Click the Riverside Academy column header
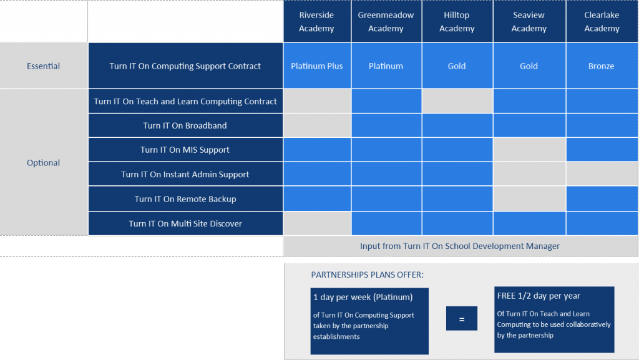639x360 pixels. (317, 21)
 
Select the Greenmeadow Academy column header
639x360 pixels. (386, 21)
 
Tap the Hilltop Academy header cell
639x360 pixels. (457, 21)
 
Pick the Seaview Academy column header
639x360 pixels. (529, 21)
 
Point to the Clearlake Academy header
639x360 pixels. (602, 21)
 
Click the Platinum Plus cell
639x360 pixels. (317, 66)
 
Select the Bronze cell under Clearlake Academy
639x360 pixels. (602, 66)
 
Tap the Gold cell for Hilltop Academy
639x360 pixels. (457, 66)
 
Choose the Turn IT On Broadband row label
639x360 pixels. (185, 125)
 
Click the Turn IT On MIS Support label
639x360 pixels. (185, 150)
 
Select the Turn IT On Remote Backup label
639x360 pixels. (185, 199)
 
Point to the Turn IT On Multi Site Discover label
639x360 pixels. (185, 223)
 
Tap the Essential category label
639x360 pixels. (44, 66)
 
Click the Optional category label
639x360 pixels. (44, 162)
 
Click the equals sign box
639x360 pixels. (462, 318)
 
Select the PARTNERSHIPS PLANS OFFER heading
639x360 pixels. (367, 275)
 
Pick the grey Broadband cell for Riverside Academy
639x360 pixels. (317, 125)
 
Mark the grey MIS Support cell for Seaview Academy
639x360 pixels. (529, 150)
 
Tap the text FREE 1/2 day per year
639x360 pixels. (539, 296)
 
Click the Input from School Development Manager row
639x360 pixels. (461, 246)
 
